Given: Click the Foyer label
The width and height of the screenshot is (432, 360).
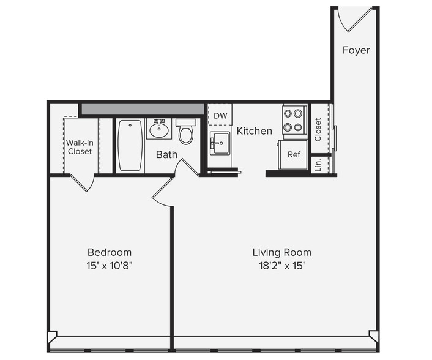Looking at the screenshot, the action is point(356,50).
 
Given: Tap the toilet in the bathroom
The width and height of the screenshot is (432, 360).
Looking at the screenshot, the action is point(186,132).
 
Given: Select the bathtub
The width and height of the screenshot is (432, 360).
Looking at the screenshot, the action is point(130,146).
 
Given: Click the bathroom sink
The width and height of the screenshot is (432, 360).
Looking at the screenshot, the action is point(159,129).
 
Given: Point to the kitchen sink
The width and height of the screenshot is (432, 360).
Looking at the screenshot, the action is point(220,143).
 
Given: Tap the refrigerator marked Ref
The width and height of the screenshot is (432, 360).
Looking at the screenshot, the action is point(292,154).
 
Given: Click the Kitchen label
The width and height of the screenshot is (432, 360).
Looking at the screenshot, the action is point(255,131).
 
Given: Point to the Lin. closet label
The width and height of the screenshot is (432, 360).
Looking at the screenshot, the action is point(318,165).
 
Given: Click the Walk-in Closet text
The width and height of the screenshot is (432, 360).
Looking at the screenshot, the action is point(80,147).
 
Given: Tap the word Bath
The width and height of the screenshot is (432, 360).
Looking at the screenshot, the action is point(166,155).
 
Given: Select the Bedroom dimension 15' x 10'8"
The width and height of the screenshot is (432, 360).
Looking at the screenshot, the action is point(110,266).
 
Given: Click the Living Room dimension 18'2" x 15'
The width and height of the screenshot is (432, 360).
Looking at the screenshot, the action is point(281,266).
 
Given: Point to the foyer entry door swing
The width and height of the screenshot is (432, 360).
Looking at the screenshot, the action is point(355,20).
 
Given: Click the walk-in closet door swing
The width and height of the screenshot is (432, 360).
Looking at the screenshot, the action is point(83,182).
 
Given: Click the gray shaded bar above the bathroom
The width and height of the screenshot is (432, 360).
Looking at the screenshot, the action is point(143,110).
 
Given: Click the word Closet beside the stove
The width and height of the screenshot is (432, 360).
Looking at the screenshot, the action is point(318,130).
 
